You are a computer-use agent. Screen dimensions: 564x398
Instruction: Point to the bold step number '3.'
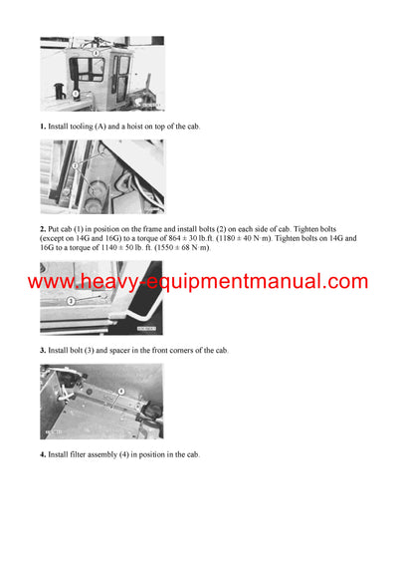(43, 351)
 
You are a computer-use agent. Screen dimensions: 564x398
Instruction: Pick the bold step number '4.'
(43, 454)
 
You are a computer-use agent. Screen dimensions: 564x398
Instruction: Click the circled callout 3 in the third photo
(71, 300)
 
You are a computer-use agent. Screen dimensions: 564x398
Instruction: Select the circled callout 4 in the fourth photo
(121, 392)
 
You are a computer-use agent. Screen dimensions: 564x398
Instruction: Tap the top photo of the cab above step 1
(101, 74)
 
